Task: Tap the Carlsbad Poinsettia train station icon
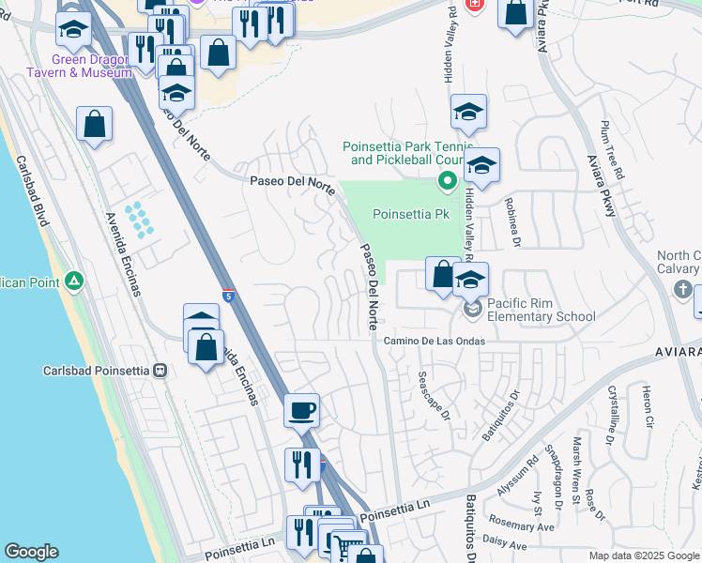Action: [160, 371]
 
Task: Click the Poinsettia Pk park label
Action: [411, 214]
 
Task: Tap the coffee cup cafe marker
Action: [302, 410]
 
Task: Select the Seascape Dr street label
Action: [435, 396]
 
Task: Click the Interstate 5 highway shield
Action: [229, 297]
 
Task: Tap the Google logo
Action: [31, 552]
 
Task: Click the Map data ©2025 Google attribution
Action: [643, 555]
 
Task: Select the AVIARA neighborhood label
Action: [677, 351]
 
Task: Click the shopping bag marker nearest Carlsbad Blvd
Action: [95, 124]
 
